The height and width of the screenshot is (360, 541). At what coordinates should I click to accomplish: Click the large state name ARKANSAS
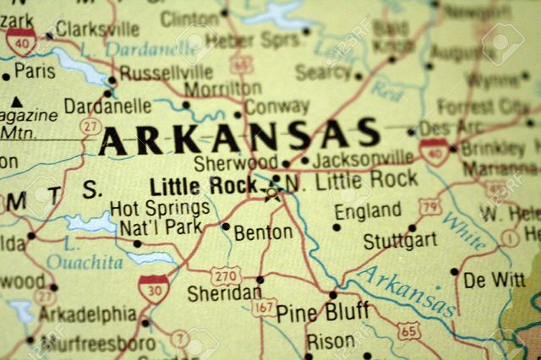[x=239, y=136]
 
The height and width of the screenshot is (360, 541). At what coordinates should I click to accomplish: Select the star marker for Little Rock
[x=271, y=194]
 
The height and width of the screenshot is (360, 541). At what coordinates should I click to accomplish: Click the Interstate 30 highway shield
[x=153, y=289]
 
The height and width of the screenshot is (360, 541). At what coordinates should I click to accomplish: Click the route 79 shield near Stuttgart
[x=431, y=207]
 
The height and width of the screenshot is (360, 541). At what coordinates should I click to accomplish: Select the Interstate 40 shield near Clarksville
[x=20, y=41]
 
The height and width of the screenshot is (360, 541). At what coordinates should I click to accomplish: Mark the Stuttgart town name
[x=400, y=241]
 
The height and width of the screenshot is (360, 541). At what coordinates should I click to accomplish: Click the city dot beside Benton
[x=225, y=226]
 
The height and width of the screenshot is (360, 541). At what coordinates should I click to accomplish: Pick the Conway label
[x=276, y=107]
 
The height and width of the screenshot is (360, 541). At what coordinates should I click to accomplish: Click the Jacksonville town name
[x=363, y=158]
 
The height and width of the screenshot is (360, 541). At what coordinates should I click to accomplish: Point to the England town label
[x=369, y=211]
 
